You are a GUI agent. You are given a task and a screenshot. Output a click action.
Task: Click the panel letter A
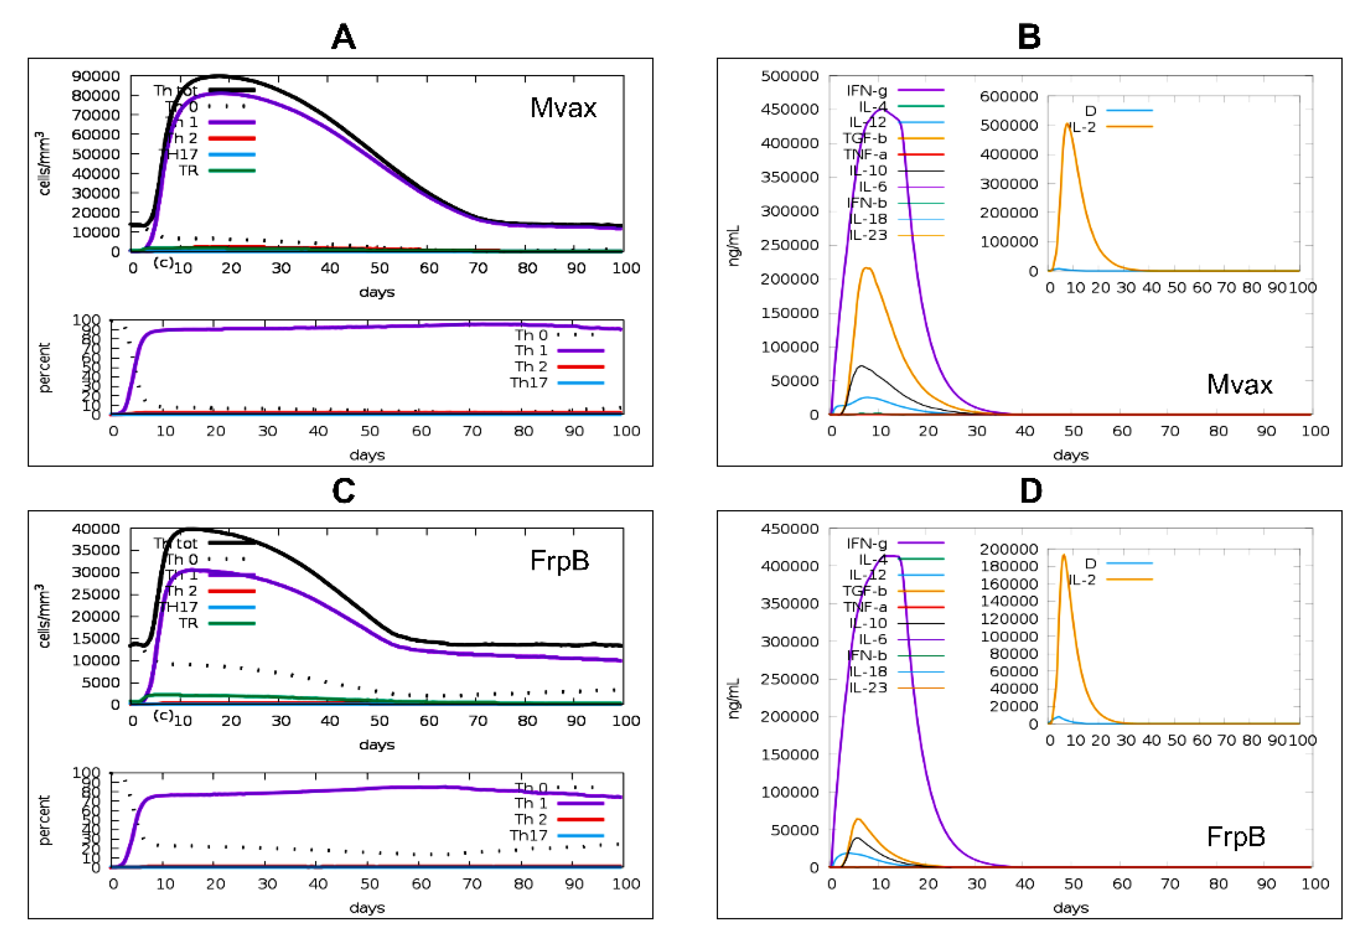tap(343, 37)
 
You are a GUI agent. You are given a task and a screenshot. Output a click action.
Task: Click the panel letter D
tap(1031, 491)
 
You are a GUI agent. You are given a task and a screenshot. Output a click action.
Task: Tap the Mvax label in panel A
tap(563, 108)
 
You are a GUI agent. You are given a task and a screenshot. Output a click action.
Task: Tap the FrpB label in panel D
tap(1236, 836)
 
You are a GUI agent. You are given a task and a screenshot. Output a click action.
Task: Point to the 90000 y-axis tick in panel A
tap(95, 75)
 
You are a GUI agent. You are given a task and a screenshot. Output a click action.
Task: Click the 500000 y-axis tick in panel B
tap(789, 75)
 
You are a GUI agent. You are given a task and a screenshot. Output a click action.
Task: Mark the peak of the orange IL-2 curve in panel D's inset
tap(1064, 555)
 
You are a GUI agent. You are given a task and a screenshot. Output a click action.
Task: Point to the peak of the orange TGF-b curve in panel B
tap(867, 268)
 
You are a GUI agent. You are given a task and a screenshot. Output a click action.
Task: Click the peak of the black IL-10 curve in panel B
tap(860, 366)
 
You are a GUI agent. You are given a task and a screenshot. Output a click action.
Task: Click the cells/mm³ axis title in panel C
tap(43, 615)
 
